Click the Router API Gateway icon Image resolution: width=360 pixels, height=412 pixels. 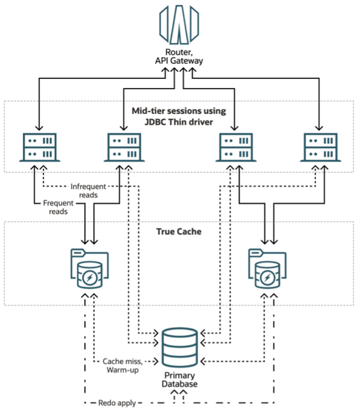[179, 23]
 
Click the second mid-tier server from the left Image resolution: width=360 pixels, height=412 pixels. [125, 146]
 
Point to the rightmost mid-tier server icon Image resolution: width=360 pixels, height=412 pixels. [319, 146]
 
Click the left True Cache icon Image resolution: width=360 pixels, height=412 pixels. [88, 269]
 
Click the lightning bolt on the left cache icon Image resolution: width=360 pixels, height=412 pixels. [88, 278]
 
